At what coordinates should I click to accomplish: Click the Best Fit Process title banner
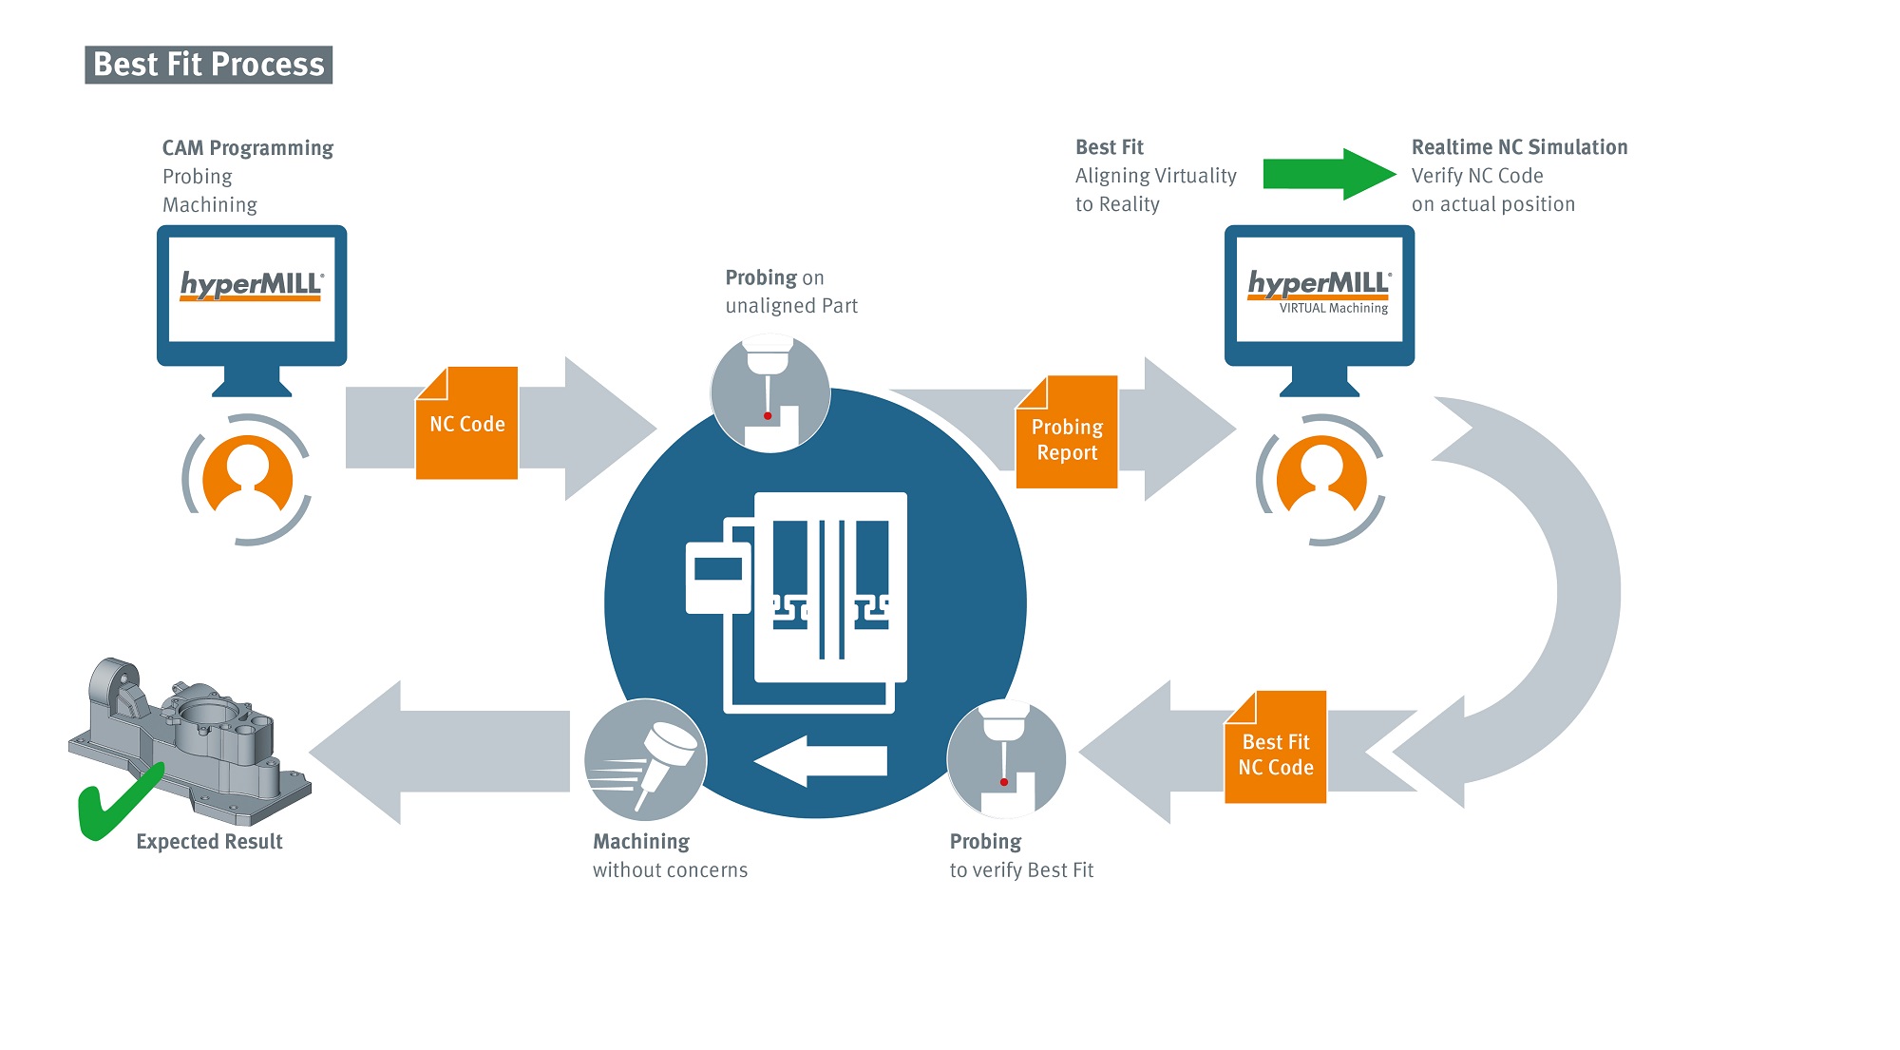(x=209, y=65)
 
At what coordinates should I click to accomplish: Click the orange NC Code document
(x=467, y=424)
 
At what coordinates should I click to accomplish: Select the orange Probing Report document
(x=1067, y=433)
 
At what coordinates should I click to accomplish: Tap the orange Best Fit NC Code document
(x=1276, y=749)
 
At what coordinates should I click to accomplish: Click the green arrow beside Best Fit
(x=1328, y=174)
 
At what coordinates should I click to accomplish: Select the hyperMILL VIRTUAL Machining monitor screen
(x=1319, y=291)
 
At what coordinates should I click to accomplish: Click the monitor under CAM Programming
(x=252, y=291)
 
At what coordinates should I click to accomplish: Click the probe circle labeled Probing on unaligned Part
(x=770, y=393)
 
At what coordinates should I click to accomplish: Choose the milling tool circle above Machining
(x=646, y=759)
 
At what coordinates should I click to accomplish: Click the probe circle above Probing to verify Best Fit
(x=1006, y=759)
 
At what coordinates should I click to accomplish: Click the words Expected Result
(x=209, y=842)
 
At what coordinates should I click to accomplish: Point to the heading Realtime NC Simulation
(x=1519, y=147)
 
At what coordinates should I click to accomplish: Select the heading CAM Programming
(x=248, y=148)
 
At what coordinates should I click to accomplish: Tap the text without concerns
(x=670, y=870)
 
